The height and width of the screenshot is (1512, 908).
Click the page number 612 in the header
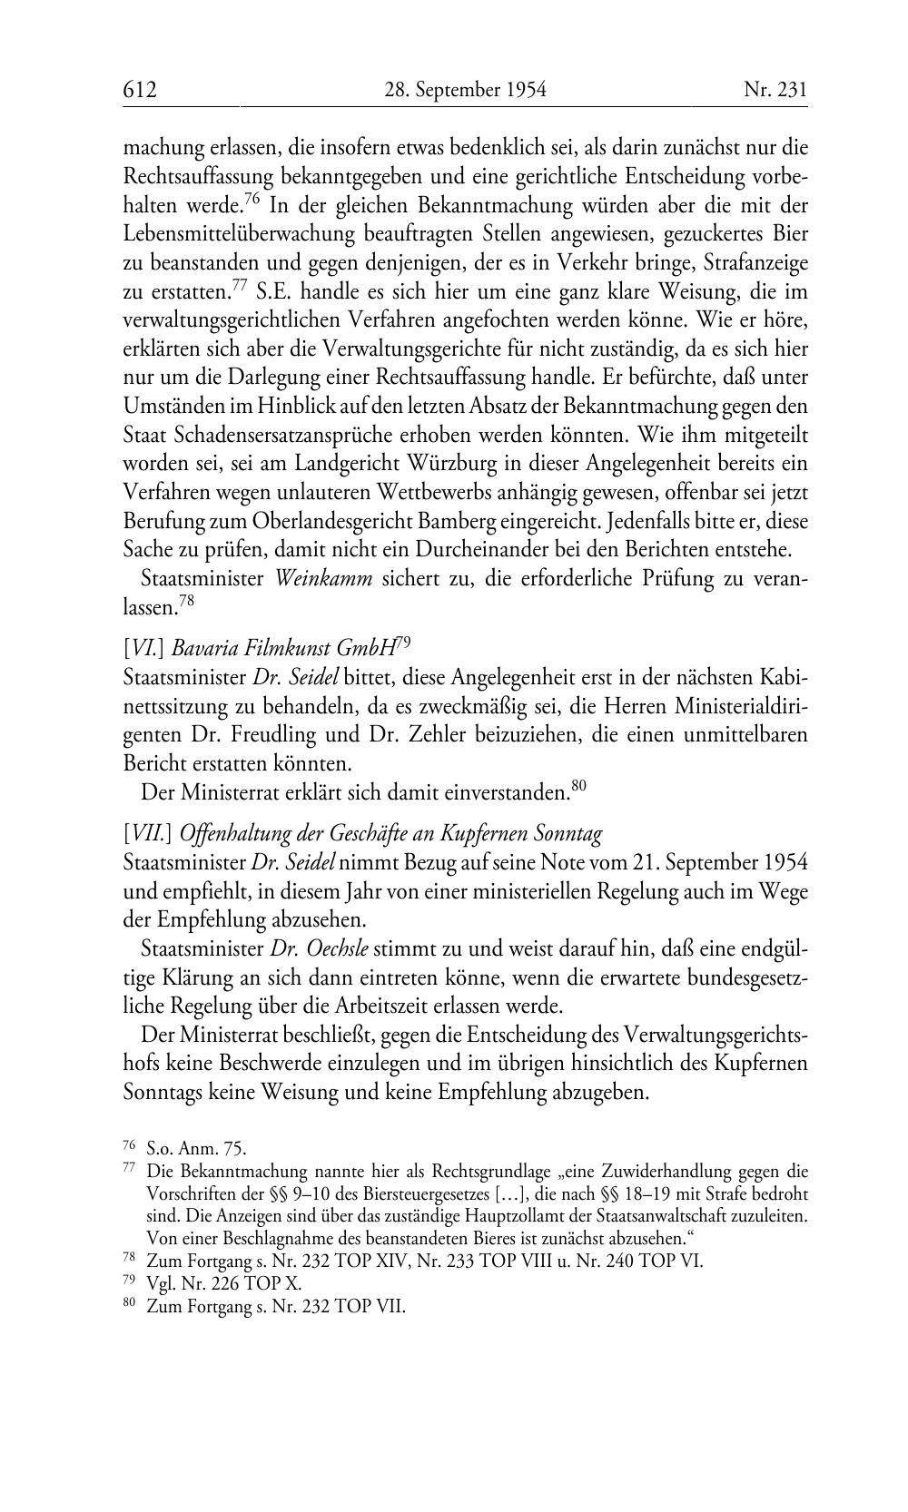tap(141, 90)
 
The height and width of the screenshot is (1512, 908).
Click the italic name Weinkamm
tap(324, 580)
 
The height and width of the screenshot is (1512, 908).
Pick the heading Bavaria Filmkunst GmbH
tap(284, 648)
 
